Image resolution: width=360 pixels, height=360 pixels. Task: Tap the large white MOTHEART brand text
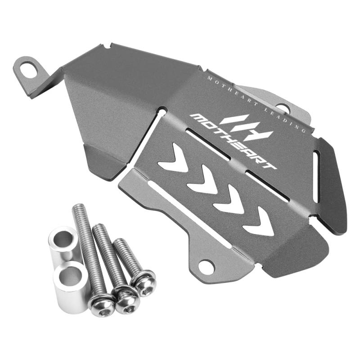tap(234, 142)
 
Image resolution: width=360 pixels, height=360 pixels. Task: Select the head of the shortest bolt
tap(143, 284)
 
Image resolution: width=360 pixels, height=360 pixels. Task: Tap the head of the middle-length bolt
tap(127, 300)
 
